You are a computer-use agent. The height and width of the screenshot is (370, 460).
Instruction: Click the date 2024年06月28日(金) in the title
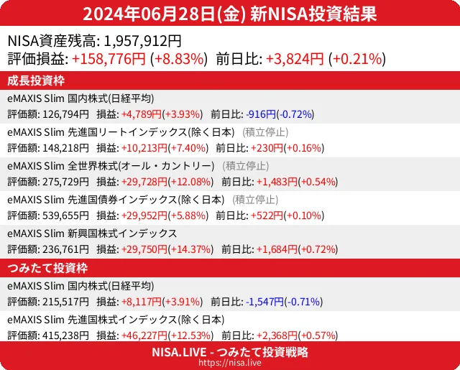tap(165, 14)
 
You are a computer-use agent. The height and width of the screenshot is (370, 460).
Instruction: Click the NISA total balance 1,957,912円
tap(143, 42)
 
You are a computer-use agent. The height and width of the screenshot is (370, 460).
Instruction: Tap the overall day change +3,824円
tap(295, 60)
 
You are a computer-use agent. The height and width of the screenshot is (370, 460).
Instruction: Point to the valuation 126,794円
tap(65, 114)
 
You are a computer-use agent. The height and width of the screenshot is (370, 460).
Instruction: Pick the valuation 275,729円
tap(65, 182)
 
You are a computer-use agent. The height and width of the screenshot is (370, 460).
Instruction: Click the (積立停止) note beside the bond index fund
tap(255, 200)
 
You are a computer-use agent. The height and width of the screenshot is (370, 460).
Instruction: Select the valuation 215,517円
tap(65, 302)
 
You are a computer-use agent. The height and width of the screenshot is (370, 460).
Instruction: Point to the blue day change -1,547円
tap(265, 302)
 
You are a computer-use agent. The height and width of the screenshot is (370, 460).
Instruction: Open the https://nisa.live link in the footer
tap(230, 364)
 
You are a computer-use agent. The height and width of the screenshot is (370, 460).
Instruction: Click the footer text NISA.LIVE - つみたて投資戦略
tap(230, 352)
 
